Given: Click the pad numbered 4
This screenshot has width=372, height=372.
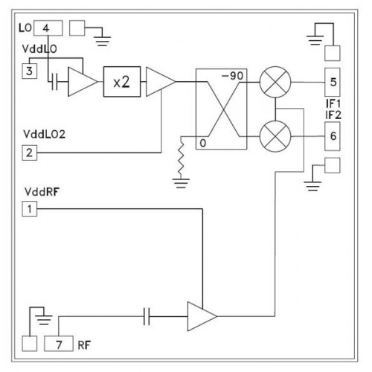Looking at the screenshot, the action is pyautogui.click(x=48, y=28).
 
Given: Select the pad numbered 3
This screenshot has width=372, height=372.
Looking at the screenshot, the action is pyautogui.click(x=30, y=71).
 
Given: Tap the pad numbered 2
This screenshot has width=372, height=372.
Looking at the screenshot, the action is pyautogui.click(x=30, y=153).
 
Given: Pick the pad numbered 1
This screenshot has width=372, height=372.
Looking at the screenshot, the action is pyautogui.click(x=30, y=209).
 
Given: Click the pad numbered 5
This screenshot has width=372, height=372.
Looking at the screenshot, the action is pyautogui.click(x=333, y=83).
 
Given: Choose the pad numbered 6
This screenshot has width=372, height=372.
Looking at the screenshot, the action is pyautogui.click(x=333, y=136).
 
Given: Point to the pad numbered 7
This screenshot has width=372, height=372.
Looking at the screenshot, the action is pyautogui.click(x=59, y=344).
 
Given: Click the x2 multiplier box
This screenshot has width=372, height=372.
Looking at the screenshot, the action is pyautogui.click(x=122, y=82).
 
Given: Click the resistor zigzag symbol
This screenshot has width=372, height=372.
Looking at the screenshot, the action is pyautogui.click(x=181, y=158).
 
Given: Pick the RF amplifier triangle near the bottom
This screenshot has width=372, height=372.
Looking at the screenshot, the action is pyautogui.click(x=202, y=316).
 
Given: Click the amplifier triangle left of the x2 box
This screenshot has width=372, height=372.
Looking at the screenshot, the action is pyautogui.click(x=83, y=82).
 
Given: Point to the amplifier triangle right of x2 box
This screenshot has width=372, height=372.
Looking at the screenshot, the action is pyautogui.click(x=161, y=82).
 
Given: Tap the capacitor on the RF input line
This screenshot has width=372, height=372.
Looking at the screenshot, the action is pyautogui.click(x=147, y=316).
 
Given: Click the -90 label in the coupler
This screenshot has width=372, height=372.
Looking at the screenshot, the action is pyautogui.click(x=232, y=76).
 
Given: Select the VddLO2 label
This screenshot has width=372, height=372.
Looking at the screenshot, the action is pyautogui.click(x=45, y=134).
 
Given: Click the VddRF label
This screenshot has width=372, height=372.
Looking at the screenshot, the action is pyautogui.click(x=42, y=192).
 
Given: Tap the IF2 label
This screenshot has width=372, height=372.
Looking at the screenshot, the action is pyautogui.click(x=333, y=115).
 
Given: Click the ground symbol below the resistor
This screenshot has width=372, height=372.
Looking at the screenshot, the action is pyautogui.click(x=181, y=183).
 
